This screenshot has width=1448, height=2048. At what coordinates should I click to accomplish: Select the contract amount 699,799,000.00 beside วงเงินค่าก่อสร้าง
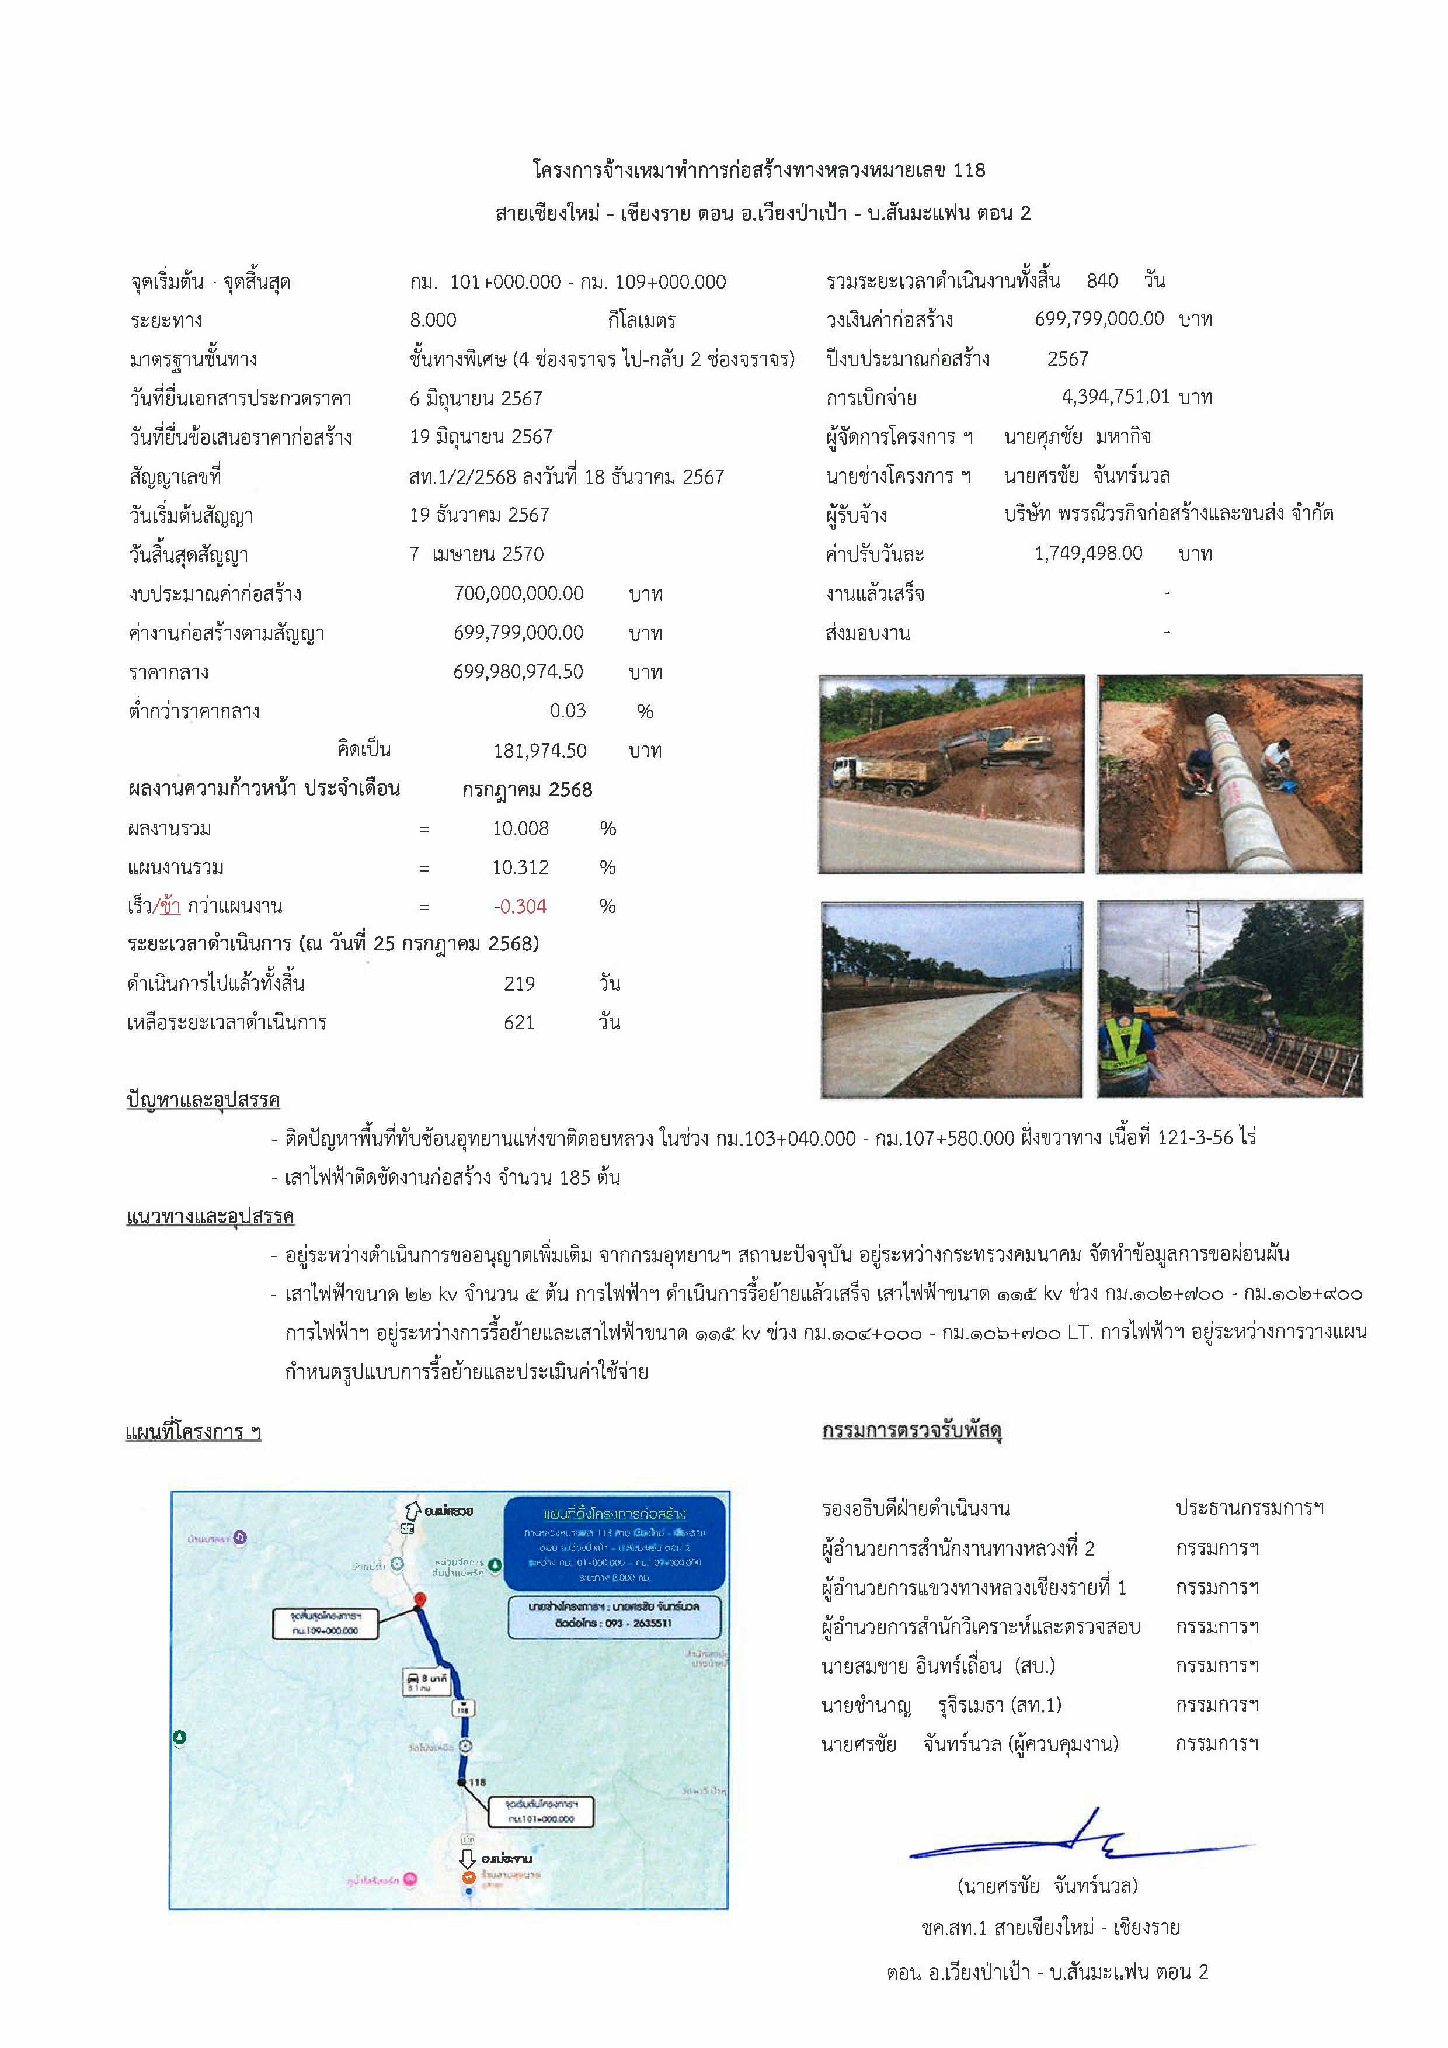pyautogui.click(x=1098, y=318)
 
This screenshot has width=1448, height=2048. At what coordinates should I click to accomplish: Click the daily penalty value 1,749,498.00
pyautogui.click(x=1088, y=553)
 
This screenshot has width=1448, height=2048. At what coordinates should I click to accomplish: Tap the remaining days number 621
pyautogui.click(x=519, y=1022)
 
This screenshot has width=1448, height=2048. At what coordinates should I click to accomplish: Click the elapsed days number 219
pyautogui.click(x=519, y=984)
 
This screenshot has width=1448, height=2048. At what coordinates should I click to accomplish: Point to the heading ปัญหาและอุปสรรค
pyautogui.click(x=203, y=1100)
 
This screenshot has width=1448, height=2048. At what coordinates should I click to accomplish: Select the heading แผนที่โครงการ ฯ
pyautogui.click(x=193, y=1432)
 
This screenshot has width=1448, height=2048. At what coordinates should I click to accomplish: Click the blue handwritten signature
pyautogui.click(x=1083, y=1840)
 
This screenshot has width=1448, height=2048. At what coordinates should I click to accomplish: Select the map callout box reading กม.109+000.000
pyautogui.click(x=325, y=1623)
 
